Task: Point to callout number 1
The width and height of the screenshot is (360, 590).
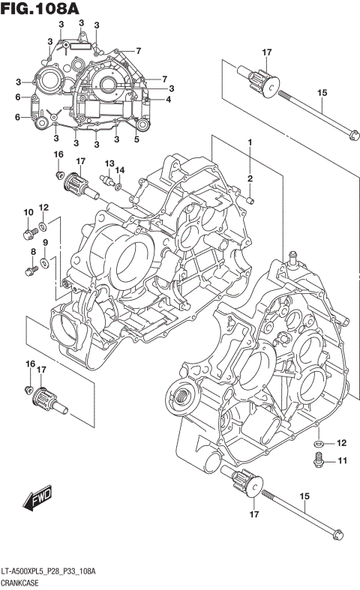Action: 250,142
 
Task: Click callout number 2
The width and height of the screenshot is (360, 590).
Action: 250,178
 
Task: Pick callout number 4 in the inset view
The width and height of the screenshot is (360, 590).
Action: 168,99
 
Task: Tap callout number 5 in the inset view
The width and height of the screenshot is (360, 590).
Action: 136,139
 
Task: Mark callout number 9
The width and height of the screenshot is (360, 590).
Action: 45,242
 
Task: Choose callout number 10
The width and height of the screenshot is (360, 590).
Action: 28,213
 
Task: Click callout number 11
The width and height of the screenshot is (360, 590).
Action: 340,460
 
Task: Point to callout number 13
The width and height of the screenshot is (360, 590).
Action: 109,163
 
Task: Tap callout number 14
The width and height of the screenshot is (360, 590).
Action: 120,170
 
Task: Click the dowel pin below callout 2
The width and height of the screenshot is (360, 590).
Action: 252,200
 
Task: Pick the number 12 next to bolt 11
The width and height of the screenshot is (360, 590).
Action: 340,442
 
